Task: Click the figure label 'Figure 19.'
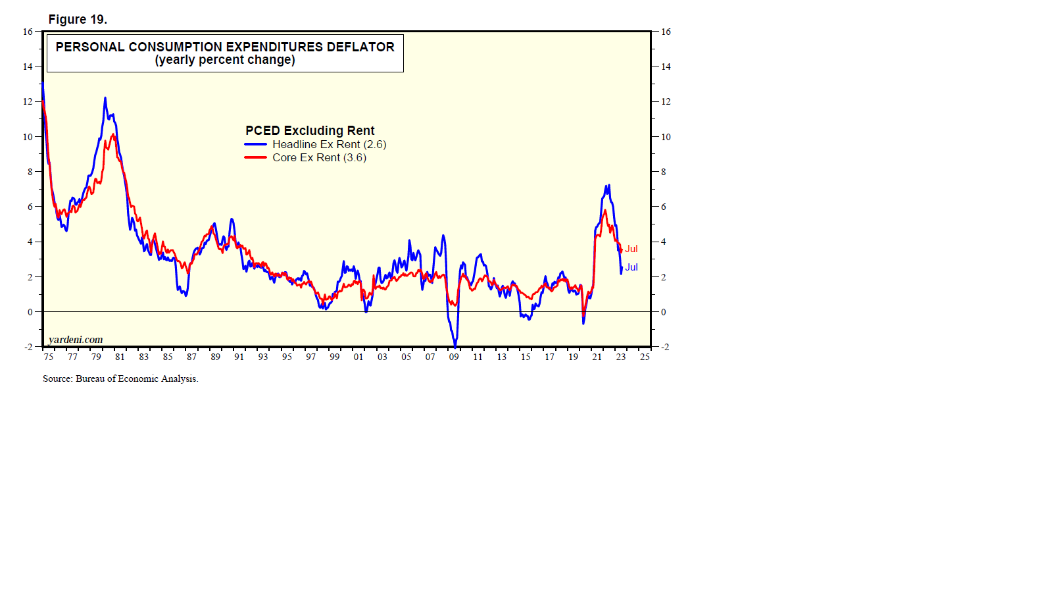coord(78,19)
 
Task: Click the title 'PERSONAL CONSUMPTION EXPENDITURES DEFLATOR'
coord(225,47)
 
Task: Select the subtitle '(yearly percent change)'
coord(225,60)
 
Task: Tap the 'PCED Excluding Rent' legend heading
coord(310,130)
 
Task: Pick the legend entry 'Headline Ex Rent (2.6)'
coord(329,144)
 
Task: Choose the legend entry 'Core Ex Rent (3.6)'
coord(319,157)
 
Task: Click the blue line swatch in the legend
coord(255,144)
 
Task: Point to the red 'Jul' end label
coord(631,249)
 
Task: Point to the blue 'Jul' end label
coord(631,267)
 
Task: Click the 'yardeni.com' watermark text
coord(76,340)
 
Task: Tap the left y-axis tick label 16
coord(28,32)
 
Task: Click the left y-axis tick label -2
coord(28,347)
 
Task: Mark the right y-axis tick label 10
coord(666,137)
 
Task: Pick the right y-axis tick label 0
coord(663,312)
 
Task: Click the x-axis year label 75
coord(49,357)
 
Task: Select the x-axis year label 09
coord(454,357)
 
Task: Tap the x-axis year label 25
coord(645,357)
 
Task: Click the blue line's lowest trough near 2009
coord(455,346)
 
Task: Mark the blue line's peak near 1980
coord(105,98)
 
